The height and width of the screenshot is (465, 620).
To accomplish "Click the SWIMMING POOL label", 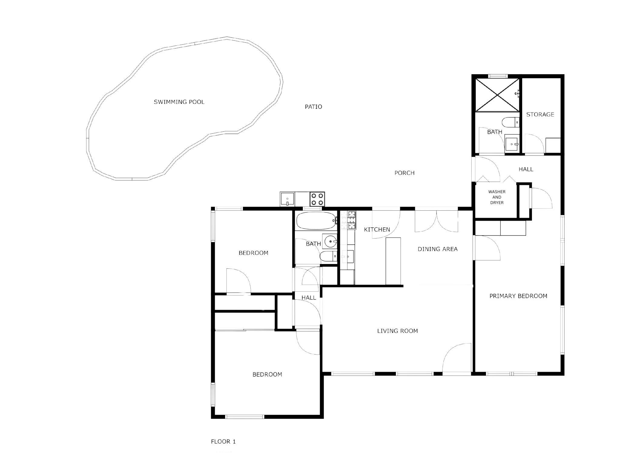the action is point(179,102).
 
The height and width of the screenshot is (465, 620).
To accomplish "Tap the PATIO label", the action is point(313,107).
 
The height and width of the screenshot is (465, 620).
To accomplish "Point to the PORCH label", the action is point(404,173).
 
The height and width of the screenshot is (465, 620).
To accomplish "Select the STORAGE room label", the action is point(540,114).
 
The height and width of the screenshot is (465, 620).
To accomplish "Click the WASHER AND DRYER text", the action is point(497,197).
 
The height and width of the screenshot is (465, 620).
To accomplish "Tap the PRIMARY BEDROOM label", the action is point(518,296).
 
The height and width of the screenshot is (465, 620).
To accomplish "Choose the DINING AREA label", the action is point(437,249).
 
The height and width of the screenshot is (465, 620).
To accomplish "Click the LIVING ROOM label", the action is point(397,331).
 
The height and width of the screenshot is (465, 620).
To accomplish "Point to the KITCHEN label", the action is point(377,229).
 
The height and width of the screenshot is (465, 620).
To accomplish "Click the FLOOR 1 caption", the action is point(223,441).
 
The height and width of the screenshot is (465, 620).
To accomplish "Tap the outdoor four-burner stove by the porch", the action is point(317,199).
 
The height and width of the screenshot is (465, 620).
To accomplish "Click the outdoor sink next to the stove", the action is point(287,199).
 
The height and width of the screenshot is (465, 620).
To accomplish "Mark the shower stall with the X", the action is point(497,95).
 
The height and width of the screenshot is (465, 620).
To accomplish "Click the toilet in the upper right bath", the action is point(510,122).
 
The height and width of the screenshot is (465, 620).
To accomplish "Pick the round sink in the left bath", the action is point(331,242).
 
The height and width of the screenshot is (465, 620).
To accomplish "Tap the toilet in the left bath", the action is point(328,256).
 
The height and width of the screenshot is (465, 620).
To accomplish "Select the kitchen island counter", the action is point(393,261).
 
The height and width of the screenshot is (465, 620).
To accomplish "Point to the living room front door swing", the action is point(457,358).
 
